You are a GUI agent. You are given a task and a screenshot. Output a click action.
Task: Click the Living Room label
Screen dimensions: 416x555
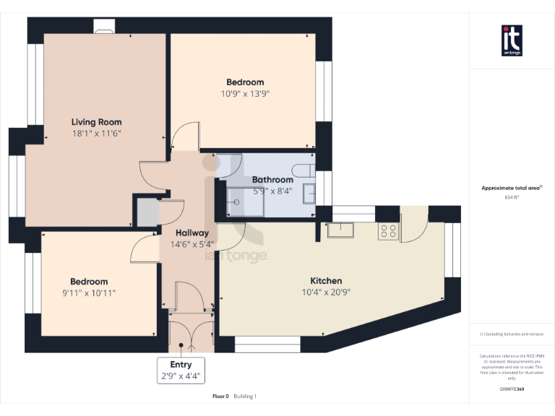pos(96,122)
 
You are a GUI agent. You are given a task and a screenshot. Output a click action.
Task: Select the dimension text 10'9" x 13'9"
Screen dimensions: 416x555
pos(245,93)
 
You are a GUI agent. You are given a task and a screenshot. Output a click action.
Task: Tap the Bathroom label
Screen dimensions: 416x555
pos(272,180)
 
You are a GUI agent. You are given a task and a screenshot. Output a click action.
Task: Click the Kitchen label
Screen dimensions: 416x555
pos(326,281)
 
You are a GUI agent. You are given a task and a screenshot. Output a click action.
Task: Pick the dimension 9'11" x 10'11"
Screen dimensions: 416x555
pos(89,292)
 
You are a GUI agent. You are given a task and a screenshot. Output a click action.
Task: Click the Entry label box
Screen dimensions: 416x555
pos(181,370)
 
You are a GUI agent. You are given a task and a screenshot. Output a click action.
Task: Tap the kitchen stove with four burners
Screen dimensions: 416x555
pos(388,231)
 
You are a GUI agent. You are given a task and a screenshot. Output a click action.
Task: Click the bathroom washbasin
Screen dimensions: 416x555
pos(309,193)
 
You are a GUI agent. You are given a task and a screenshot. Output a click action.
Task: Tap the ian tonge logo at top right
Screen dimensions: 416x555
pos(512,40)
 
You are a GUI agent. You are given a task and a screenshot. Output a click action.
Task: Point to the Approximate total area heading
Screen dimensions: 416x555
pos(511,188)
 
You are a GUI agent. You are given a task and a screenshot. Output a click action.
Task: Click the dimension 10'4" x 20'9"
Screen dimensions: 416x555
pos(326,292)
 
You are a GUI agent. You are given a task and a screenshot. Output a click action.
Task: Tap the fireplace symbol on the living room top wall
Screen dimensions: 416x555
pos(103,28)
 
